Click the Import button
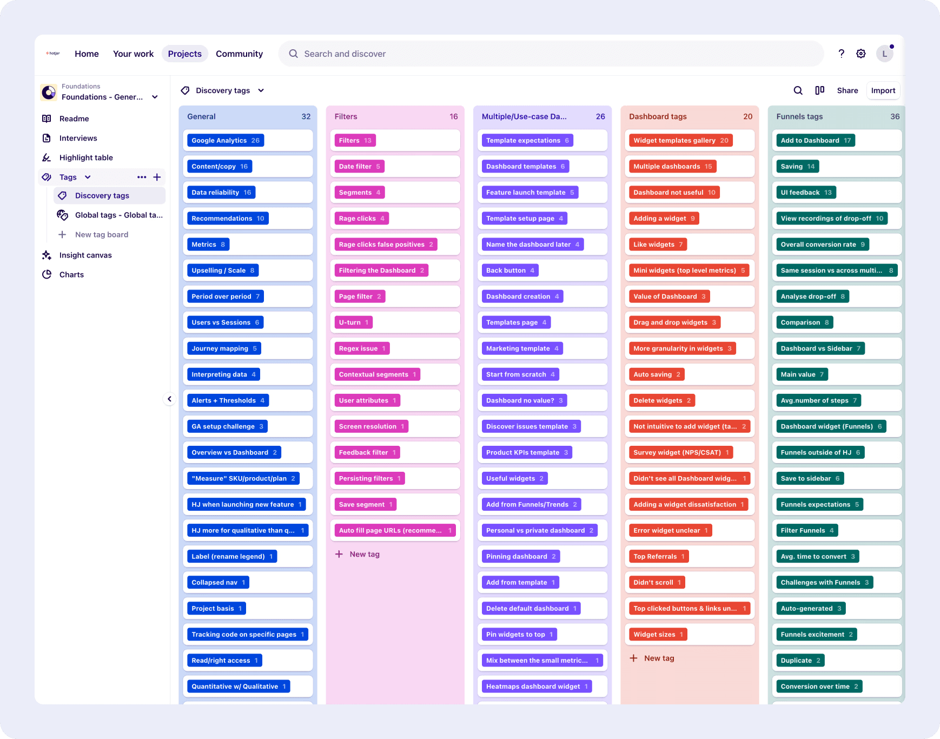(x=883, y=90)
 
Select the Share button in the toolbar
(x=848, y=90)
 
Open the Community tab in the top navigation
(x=239, y=54)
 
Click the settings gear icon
(x=861, y=54)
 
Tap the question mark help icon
(x=842, y=54)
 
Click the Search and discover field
(x=551, y=54)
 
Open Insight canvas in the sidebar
(x=85, y=255)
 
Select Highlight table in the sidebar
(x=86, y=157)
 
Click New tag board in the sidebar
(x=102, y=235)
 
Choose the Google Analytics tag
(x=225, y=141)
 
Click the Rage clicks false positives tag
(x=386, y=245)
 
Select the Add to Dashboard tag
(x=816, y=141)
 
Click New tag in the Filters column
(x=358, y=555)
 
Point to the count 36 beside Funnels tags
(x=895, y=116)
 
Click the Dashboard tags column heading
(x=658, y=116)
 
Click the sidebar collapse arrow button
(x=169, y=399)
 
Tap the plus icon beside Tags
(x=157, y=177)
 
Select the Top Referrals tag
(x=659, y=557)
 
